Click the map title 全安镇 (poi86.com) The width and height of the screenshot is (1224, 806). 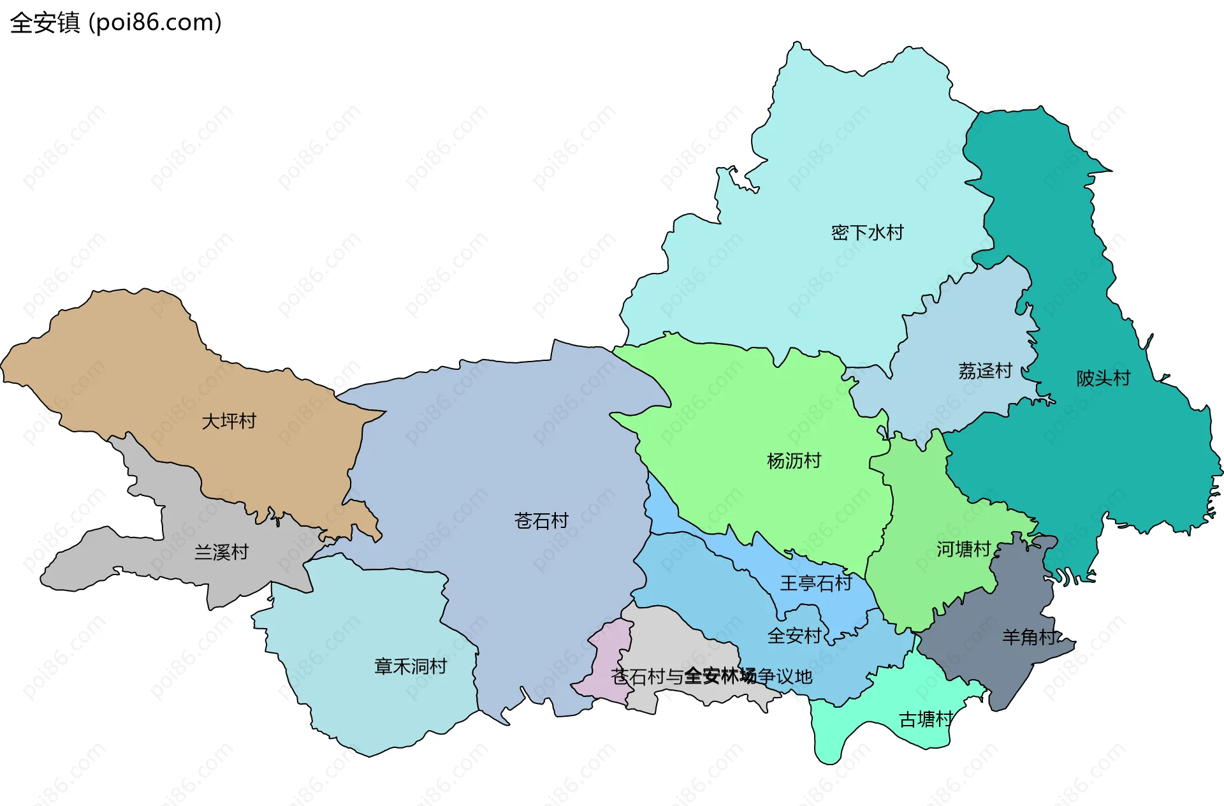(116, 23)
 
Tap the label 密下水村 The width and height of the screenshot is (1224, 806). (867, 233)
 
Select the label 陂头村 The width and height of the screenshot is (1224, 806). (1103, 379)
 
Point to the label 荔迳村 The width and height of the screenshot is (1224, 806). (985, 371)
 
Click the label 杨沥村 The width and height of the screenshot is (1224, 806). (794, 461)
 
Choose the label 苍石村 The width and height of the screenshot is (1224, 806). (541, 521)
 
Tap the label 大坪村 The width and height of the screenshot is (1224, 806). (228, 421)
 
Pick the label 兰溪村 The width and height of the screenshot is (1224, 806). (221, 552)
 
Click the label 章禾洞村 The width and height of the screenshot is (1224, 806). (411, 667)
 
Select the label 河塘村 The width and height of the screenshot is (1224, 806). (963, 550)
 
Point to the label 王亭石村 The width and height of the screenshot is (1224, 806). (816, 583)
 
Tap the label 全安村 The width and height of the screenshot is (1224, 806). (794, 636)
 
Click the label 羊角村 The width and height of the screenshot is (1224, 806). (1029, 637)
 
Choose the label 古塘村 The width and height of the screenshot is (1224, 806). (926, 720)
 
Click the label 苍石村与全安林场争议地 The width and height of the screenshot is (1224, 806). (711, 677)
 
